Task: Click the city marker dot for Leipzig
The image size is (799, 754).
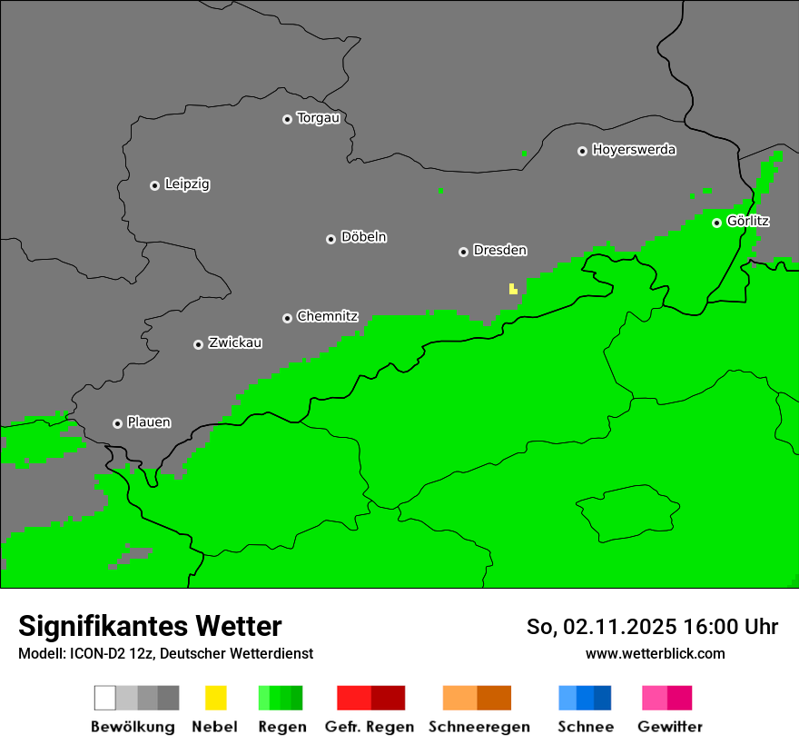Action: click(154, 185)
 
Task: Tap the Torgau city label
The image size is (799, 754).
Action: click(318, 118)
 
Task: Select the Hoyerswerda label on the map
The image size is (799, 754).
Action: click(634, 150)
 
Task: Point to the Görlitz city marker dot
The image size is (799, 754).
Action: click(716, 223)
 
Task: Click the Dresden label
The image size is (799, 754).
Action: click(499, 251)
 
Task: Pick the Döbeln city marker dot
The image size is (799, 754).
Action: click(330, 239)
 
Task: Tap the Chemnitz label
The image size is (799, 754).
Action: click(327, 317)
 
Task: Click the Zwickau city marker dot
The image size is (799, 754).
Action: click(198, 344)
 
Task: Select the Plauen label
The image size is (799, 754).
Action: click(148, 422)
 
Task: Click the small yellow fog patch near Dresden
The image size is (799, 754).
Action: click(513, 289)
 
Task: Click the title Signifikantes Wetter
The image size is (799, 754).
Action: click(150, 626)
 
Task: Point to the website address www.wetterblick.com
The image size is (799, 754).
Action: click(655, 653)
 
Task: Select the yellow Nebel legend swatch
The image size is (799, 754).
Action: click(215, 698)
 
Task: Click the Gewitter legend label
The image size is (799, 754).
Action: click(670, 727)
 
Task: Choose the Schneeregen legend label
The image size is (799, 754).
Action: click(478, 727)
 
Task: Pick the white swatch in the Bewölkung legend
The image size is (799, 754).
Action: click(104, 698)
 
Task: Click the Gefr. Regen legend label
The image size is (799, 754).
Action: click(370, 727)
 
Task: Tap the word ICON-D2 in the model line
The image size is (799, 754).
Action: click(91, 654)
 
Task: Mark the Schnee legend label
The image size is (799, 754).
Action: click(586, 727)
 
